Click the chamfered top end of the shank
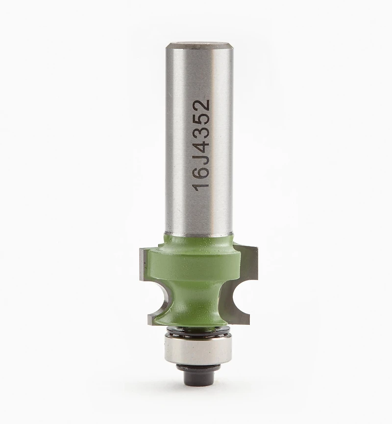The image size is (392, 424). tap(199, 45)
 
